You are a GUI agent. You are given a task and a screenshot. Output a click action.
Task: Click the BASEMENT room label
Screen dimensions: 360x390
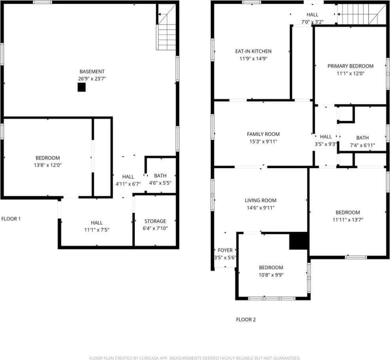[x=92, y=72]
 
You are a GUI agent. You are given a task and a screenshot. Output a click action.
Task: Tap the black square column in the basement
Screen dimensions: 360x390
[x=81, y=88]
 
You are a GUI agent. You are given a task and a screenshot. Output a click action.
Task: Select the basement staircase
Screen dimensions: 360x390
[x=167, y=36]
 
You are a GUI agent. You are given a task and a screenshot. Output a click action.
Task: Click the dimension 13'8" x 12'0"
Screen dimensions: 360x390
[x=47, y=165]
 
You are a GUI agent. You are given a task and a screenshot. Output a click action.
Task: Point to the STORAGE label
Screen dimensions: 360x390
[x=155, y=221]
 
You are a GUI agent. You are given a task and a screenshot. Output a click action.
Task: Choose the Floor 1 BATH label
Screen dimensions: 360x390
[x=160, y=176]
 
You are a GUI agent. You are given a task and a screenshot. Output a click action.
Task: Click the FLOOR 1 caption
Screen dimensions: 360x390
[x=11, y=219]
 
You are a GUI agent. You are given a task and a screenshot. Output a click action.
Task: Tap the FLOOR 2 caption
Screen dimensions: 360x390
[x=246, y=320]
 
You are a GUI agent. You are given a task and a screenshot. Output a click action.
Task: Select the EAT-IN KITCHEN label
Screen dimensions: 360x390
[x=253, y=51]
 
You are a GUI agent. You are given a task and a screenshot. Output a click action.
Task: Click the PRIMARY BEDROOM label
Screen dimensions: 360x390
[x=350, y=66]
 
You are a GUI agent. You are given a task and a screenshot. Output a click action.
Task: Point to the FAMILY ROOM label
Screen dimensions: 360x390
[x=263, y=134]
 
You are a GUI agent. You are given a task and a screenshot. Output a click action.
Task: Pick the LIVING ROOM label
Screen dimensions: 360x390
[x=260, y=200]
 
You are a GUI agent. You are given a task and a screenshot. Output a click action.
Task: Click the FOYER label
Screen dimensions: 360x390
[x=225, y=250]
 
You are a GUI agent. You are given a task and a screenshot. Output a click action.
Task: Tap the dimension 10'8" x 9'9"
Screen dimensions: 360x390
[x=271, y=275]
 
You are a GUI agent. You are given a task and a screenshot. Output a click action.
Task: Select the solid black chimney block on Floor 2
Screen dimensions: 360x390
[x=298, y=241]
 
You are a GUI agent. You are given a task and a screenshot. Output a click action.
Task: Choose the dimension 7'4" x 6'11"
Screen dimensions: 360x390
[x=362, y=145]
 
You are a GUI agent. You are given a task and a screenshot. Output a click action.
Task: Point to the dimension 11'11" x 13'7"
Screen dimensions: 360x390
[x=348, y=220]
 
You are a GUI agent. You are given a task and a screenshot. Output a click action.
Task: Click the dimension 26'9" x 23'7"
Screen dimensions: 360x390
[x=92, y=79]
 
